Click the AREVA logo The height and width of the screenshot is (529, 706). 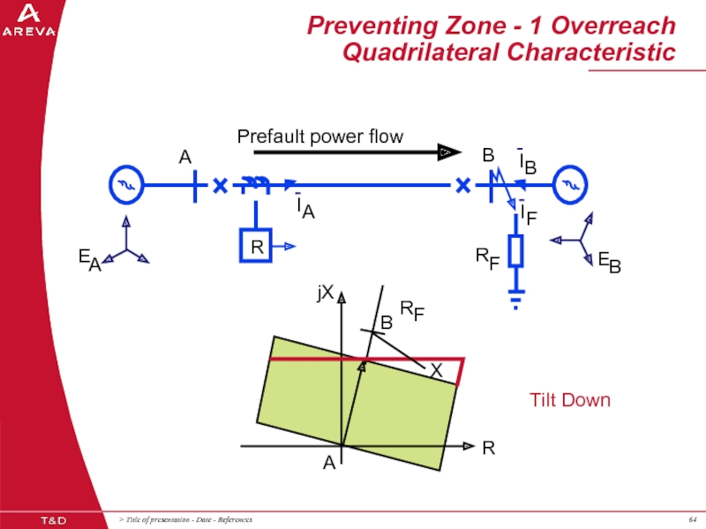[x=28, y=20]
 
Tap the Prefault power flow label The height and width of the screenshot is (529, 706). [x=319, y=136]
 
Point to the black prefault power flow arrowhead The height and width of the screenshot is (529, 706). [x=450, y=153]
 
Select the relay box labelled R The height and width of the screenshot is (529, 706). [x=256, y=246]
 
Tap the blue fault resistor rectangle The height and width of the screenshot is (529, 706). [x=516, y=250]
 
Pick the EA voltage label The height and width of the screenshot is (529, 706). [x=88, y=258]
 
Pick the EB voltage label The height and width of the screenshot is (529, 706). [x=608, y=260]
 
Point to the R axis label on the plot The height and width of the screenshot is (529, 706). [x=488, y=449]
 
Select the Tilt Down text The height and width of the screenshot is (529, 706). [x=569, y=399]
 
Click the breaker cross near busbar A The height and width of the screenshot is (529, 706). [x=220, y=186]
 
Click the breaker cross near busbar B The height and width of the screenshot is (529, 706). [x=462, y=186]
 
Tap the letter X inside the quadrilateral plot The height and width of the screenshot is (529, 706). [x=436, y=372]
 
